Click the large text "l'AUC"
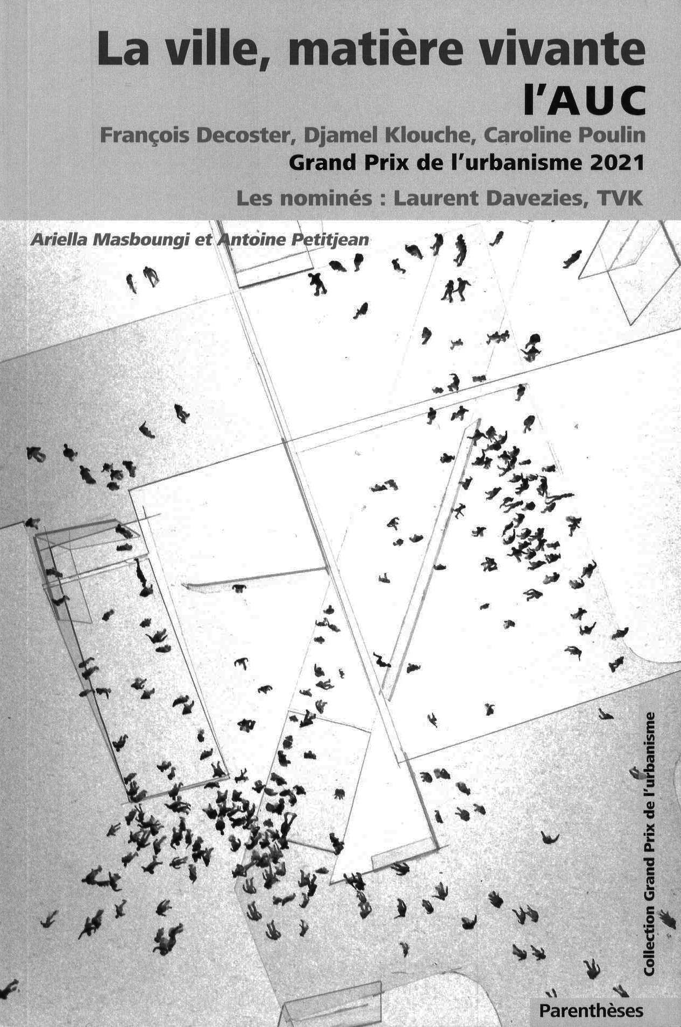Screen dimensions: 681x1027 [x=583, y=101]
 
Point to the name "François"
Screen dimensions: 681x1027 [x=144, y=137]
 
